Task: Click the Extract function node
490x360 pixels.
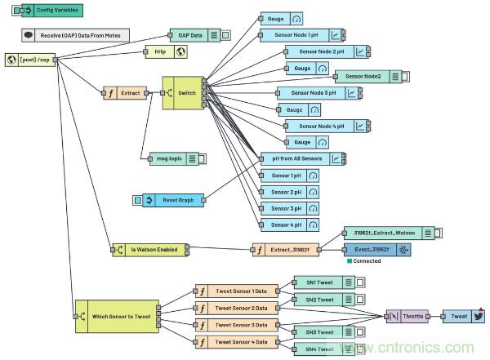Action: pyautogui.click(x=127, y=93)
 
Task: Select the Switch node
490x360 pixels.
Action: pyautogui.click(x=185, y=93)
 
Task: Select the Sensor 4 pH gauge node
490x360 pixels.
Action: pyautogui.click(x=289, y=224)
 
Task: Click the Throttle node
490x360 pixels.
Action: pyautogui.click(x=408, y=315)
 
